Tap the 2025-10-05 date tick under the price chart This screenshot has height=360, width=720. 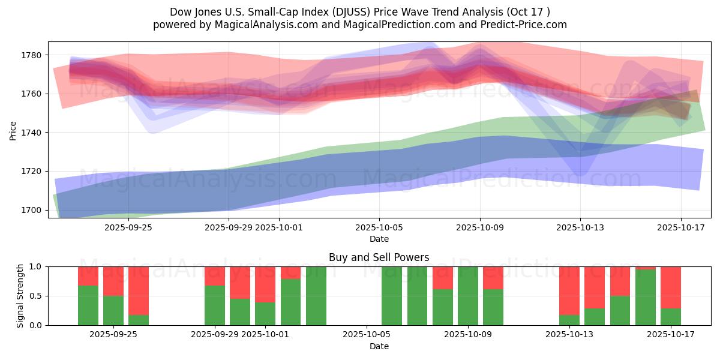[379, 227]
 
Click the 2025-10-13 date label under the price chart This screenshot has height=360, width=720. [580, 227]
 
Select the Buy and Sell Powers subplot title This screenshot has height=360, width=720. [379, 257]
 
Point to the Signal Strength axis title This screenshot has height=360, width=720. [20, 295]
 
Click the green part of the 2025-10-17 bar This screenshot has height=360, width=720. [671, 316]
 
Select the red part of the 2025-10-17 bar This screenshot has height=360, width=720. [671, 287]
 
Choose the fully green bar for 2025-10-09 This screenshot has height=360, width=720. [467, 296]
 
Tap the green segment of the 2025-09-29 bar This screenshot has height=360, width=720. [215, 305]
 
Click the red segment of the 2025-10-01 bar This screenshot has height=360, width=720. [265, 284]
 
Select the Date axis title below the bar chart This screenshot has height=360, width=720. [379, 346]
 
